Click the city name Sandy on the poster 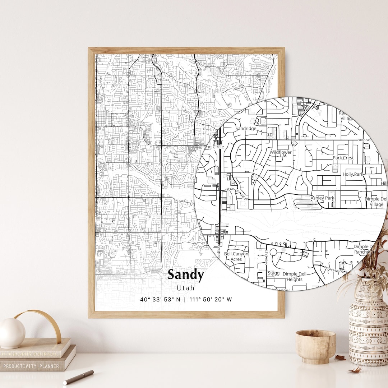pos(185,275)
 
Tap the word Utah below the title pos(185,288)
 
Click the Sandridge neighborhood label pos(246,128)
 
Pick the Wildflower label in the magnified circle pos(281,152)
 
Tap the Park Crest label pos(343,158)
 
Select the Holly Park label pos(353,174)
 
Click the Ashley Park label pos(322,198)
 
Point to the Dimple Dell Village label pos(376,202)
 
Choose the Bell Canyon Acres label pos(236,257)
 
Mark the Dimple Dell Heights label pos(295,277)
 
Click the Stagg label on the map pos(273,273)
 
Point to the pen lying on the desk pos(78,377)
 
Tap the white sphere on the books pos(12,333)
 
